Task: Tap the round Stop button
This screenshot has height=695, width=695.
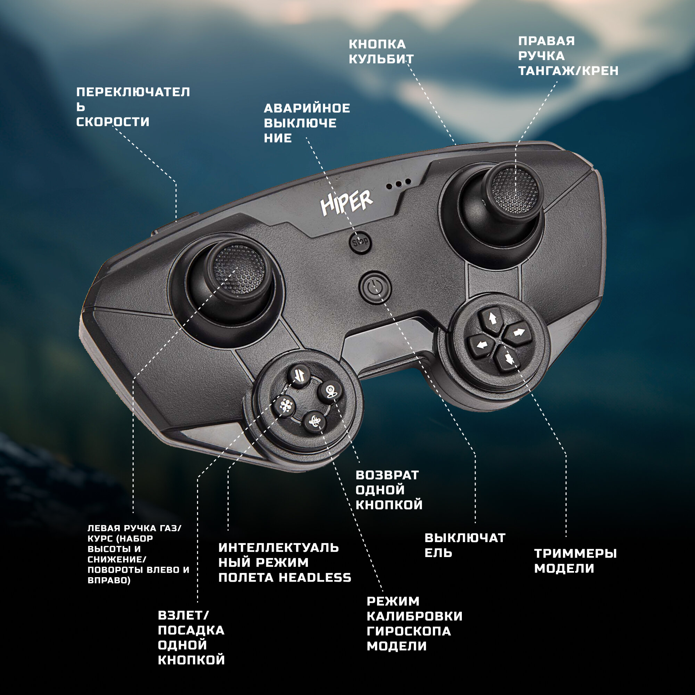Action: click(360, 242)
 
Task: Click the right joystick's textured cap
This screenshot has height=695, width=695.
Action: click(515, 190)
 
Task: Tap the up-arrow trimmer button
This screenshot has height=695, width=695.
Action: click(492, 318)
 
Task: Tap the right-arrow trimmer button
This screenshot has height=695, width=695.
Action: click(518, 333)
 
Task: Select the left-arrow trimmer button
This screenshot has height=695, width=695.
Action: click(481, 346)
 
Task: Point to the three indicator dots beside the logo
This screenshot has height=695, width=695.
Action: click(399, 185)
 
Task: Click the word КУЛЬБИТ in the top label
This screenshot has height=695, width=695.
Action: click(381, 59)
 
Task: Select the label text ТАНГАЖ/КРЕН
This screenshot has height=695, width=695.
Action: click(568, 71)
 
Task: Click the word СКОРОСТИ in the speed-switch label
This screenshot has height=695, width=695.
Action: click(113, 122)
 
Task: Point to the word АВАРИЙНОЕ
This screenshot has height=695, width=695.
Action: click(307, 108)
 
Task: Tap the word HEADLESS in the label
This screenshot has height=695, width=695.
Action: click(315, 578)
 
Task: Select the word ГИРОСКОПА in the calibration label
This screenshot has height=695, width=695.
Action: click(409, 631)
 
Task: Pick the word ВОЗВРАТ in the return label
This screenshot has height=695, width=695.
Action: click(387, 475)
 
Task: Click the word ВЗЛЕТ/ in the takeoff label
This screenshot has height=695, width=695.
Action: click(183, 615)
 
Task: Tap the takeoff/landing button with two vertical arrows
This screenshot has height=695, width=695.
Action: click(300, 376)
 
